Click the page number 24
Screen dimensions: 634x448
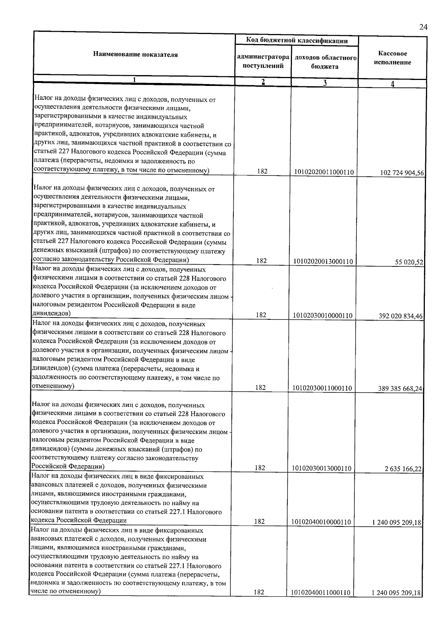tap(423, 27)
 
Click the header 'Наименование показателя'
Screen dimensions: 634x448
tap(135, 55)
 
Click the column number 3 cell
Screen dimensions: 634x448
tap(324, 83)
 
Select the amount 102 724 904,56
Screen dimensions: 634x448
tap(402, 173)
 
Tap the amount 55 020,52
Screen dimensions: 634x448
tap(409, 262)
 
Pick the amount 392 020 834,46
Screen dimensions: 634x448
tap(401, 316)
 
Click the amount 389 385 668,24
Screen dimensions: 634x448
tap(400, 389)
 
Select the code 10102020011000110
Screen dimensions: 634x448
tap(324, 172)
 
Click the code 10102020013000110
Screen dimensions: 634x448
tap(323, 262)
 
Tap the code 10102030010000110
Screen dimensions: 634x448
tap(323, 316)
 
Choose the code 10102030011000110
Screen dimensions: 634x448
tap(322, 388)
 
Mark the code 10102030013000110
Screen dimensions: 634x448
tap(322, 468)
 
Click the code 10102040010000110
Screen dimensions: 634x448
tap(321, 522)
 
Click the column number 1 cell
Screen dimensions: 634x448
tap(134, 80)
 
